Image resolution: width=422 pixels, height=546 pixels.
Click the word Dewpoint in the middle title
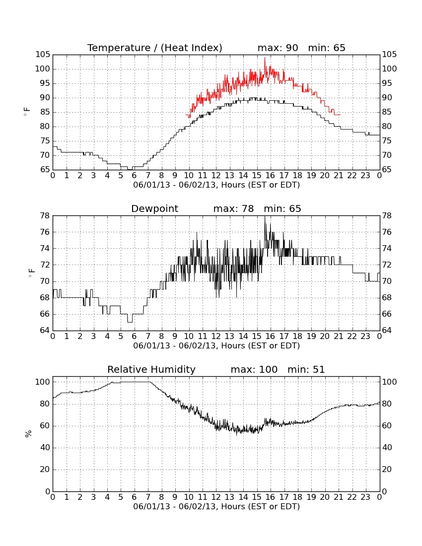click(154, 208)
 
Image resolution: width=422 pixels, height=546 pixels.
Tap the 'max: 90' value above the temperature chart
click(278, 48)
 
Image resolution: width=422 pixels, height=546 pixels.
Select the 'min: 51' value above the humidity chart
click(306, 369)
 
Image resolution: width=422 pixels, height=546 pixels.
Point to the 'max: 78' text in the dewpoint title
click(234, 208)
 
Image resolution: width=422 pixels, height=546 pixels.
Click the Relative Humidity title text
click(151, 369)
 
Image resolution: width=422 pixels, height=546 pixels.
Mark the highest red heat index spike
click(265, 59)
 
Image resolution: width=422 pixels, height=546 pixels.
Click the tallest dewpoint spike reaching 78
click(265, 217)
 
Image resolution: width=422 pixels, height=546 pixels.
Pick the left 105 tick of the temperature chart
click(43, 54)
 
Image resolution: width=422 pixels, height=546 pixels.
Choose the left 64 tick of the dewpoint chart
click(45, 330)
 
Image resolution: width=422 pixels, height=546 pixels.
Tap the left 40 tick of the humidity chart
click(45, 447)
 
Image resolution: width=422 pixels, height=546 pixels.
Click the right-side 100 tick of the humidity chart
click(390, 382)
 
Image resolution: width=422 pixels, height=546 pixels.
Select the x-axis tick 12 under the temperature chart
click(216, 176)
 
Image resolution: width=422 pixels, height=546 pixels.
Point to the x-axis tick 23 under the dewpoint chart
click(365, 337)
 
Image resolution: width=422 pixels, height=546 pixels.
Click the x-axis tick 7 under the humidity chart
click(148, 497)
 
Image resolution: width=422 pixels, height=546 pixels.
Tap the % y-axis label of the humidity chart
click(28, 433)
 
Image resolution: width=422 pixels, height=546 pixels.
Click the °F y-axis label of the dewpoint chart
click(31, 273)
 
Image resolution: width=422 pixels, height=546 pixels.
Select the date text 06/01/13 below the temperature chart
click(151, 185)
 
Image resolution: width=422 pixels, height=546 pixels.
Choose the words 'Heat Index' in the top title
click(191, 48)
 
